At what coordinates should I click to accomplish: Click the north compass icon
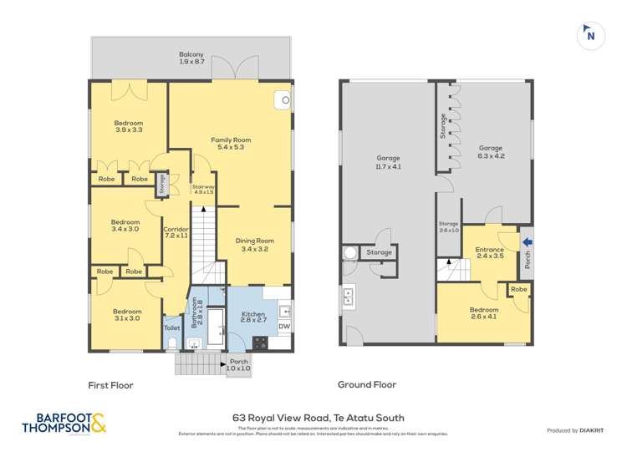coord(590,34)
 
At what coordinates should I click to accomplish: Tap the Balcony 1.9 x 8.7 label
coord(192,58)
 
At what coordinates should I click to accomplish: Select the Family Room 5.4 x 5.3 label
coord(231,144)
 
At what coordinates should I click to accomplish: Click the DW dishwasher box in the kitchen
coord(283,327)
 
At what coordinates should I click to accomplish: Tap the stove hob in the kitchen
coord(260,342)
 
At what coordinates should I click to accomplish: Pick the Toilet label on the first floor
coord(171,328)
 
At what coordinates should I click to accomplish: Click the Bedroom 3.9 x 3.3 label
coord(129,127)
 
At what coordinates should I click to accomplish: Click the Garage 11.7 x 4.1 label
coord(388,162)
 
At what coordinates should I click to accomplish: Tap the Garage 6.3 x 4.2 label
coord(491,152)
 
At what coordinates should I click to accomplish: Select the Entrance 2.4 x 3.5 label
coord(489,253)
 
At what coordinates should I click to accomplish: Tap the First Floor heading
coord(111,385)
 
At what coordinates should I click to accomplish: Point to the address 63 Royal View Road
coord(319,418)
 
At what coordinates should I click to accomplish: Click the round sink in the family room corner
coord(285,101)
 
